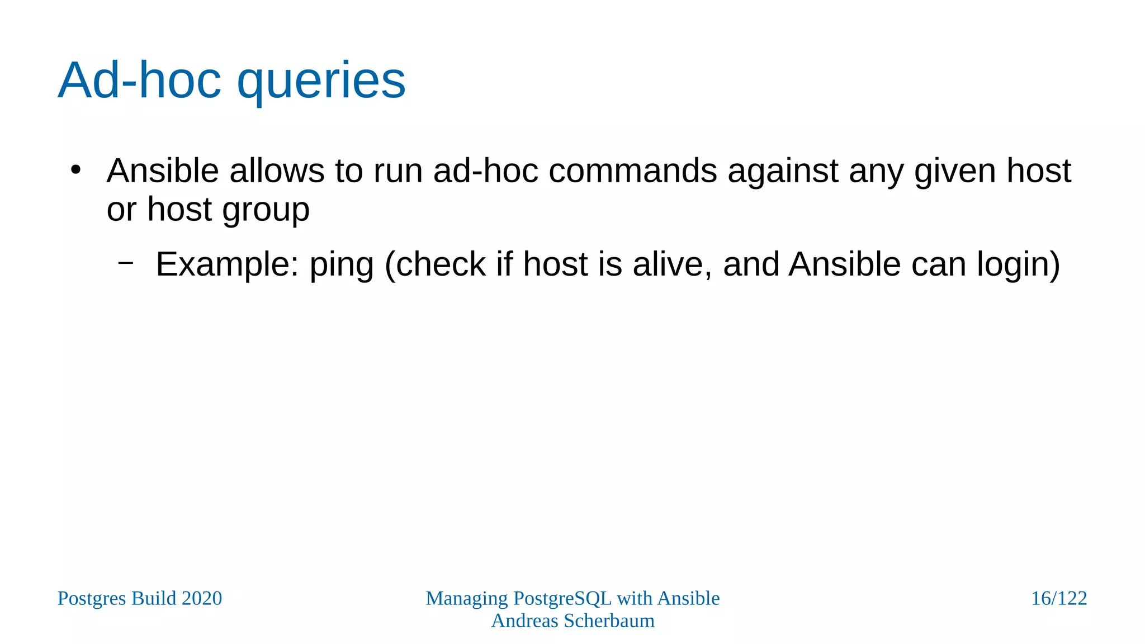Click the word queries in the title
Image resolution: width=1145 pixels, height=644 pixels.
[x=321, y=82]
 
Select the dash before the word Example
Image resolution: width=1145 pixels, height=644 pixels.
[x=126, y=261]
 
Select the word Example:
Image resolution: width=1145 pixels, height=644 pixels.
[x=227, y=264]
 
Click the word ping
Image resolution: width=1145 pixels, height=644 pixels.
[x=342, y=264]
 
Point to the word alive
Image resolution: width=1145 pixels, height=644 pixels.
[x=673, y=264]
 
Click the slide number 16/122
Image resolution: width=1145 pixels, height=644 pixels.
[x=1058, y=598]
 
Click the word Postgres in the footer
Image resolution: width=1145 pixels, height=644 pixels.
[x=92, y=598]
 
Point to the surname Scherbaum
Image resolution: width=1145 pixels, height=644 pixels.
[x=609, y=621]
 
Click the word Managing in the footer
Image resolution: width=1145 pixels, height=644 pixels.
[x=467, y=598]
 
